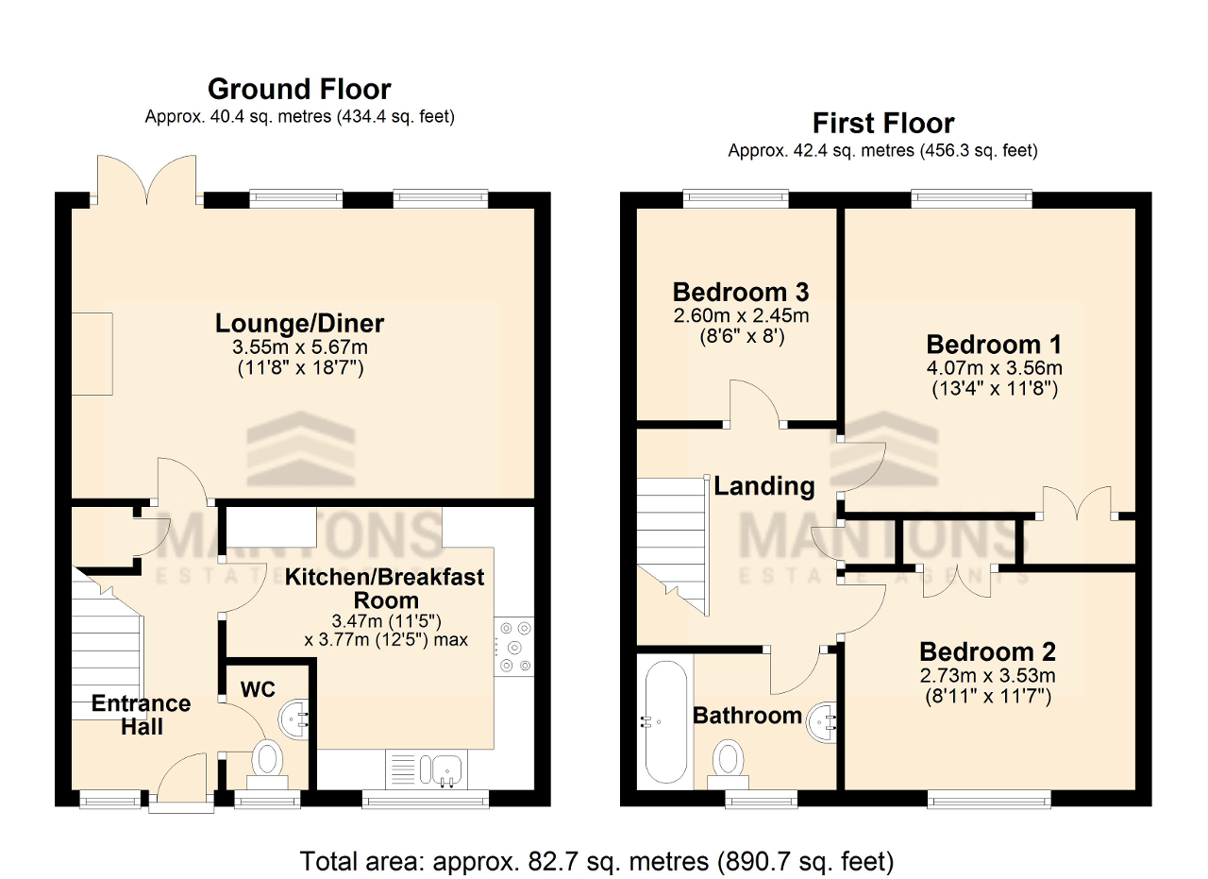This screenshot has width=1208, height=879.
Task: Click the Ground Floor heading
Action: tap(299, 89)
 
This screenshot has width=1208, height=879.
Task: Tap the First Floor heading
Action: tap(883, 123)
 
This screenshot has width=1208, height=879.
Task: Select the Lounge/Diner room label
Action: tap(299, 323)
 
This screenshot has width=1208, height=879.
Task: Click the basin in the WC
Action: tap(294, 718)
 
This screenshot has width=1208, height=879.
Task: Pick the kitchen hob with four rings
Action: tap(514, 647)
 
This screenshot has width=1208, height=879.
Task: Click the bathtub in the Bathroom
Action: tap(665, 722)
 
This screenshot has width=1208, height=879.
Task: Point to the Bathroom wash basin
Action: tap(822, 721)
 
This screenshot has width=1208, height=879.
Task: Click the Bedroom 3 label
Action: tap(741, 292)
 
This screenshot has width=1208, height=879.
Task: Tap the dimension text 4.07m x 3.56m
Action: tap(995, 368)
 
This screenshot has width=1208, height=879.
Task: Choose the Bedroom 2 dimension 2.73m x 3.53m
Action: tap(988, 675)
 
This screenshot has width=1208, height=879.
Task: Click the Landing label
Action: tap(764, 485)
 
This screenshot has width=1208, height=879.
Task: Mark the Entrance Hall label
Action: tap(142, 715)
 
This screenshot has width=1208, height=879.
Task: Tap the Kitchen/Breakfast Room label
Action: tap(384, 589)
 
